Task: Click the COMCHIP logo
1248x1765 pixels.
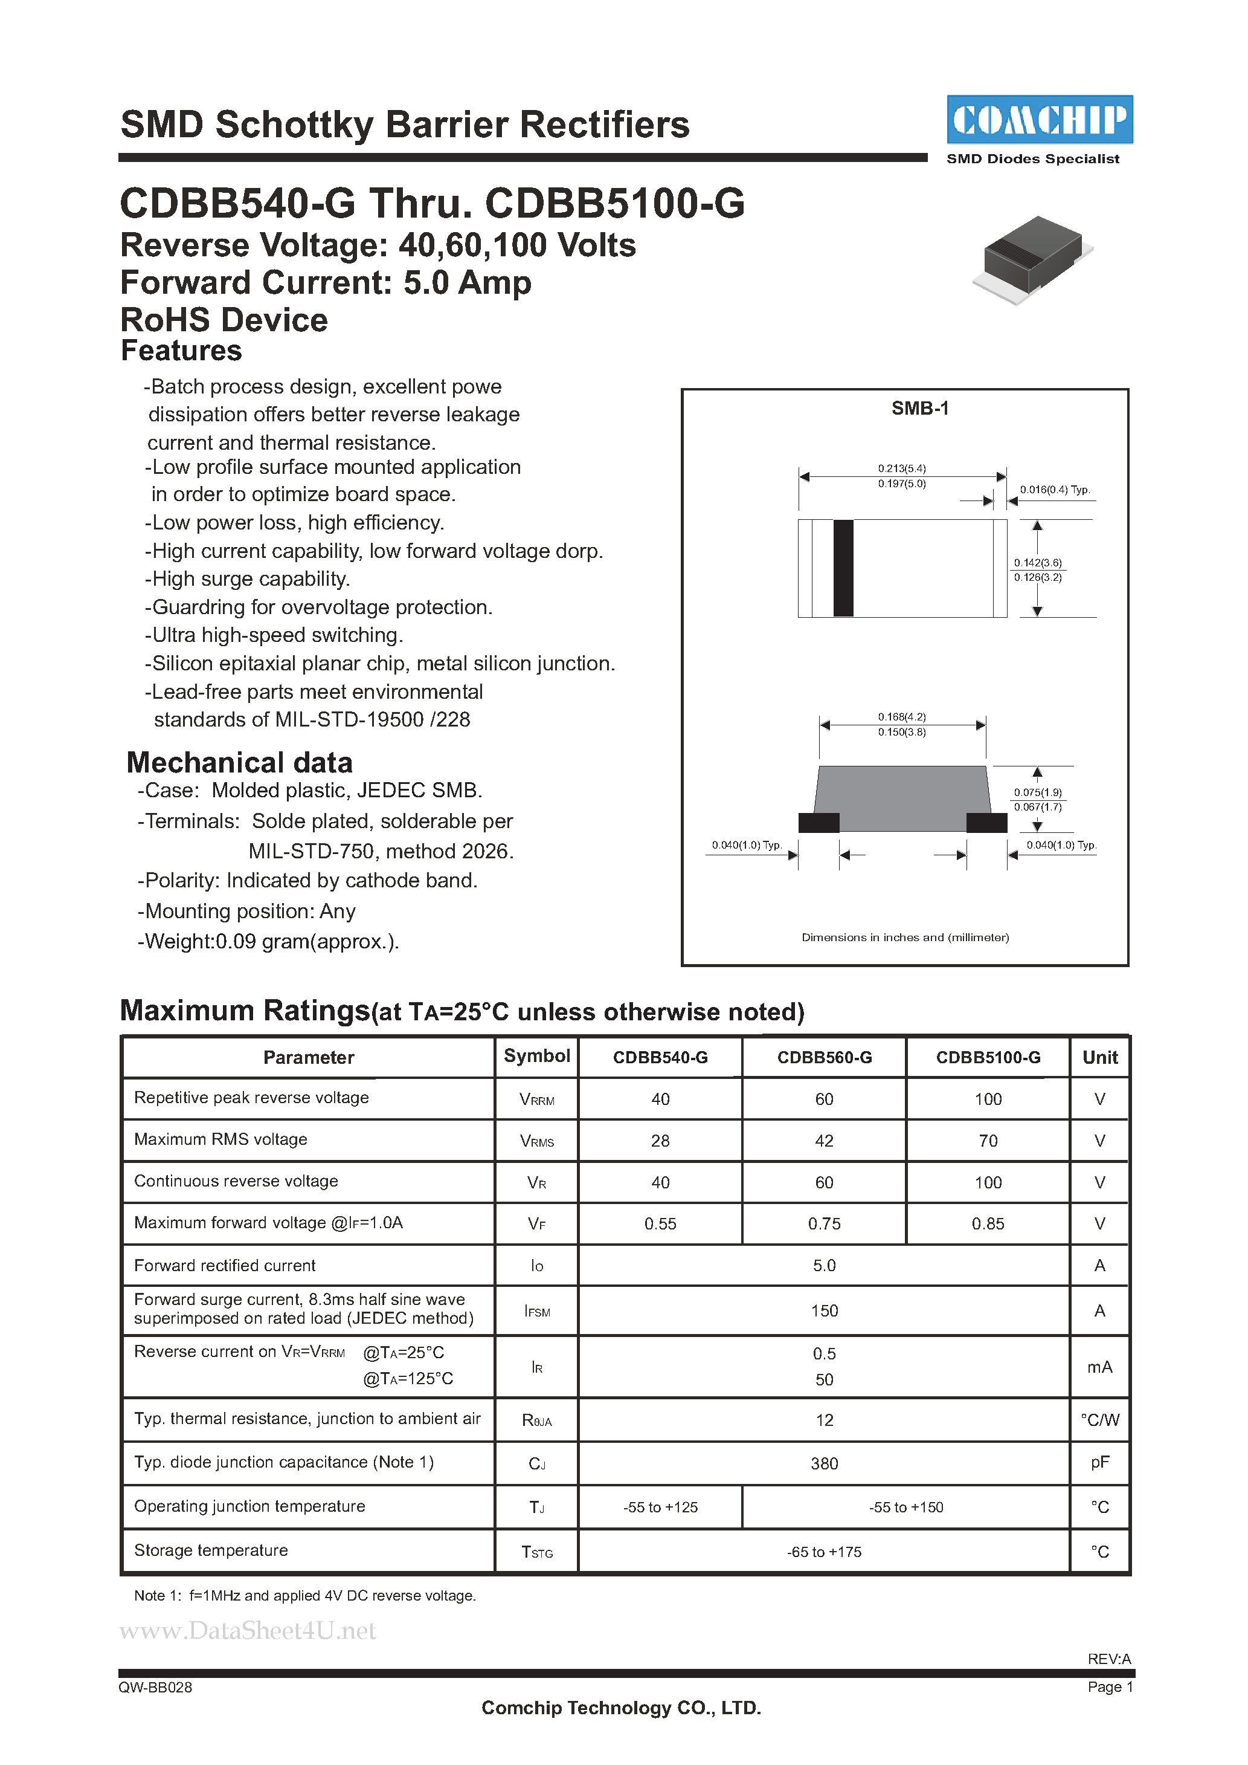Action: tap(1039, 119)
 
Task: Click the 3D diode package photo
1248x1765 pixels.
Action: tap(1032, 257)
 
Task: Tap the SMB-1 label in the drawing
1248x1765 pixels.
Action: tap(920, 408)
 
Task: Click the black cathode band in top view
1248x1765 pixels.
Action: tap(843, 568)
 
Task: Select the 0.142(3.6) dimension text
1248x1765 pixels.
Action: tap(1037, 563)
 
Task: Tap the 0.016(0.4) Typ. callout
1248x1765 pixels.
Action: tap(1054, 490)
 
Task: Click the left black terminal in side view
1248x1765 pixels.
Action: tap(819, 823)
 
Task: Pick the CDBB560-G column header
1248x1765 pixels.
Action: tap(824, 1058)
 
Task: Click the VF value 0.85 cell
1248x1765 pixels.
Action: tap(988, 1224)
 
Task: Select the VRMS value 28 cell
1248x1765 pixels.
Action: tap(660, 1141)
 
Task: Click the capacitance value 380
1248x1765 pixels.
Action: tap(824, 1463)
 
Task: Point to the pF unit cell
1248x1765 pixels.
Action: tap(1099, 1463)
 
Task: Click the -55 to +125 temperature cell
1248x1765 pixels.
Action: tap(660, 1508)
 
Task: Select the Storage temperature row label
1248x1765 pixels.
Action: tap(211, 1550)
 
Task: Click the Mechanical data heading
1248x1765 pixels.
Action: tap(239, 763)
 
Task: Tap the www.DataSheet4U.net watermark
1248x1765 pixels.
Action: tap(248, 1630)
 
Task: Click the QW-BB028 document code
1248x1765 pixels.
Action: tap(155, 1688)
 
